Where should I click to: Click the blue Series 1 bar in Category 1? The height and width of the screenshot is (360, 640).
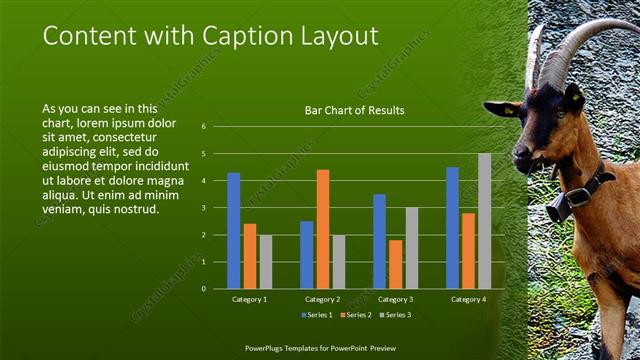[x=234, y=231]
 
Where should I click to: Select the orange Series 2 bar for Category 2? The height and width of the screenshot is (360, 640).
[x=322, y=229]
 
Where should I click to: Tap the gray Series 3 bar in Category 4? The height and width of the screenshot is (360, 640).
[x=484, y=221]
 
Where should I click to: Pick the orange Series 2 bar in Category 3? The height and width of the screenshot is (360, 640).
[x=395, y=264]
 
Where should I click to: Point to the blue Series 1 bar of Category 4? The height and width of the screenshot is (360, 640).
[x=452, y=228]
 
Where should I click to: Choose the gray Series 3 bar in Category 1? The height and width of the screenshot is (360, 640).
[x=265, y=262]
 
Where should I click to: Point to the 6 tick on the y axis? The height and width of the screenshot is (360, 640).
[x=203, y=127]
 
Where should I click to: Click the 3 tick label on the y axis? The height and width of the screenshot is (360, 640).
[x=203, y=208]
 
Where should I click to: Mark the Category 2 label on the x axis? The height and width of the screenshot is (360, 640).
[x=322, y=299]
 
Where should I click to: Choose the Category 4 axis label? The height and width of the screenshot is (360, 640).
[x=468, y=299]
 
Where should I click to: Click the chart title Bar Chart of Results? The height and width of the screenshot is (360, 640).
[x=354, y=110]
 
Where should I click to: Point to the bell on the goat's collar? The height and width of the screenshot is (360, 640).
[x=558, y=207]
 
